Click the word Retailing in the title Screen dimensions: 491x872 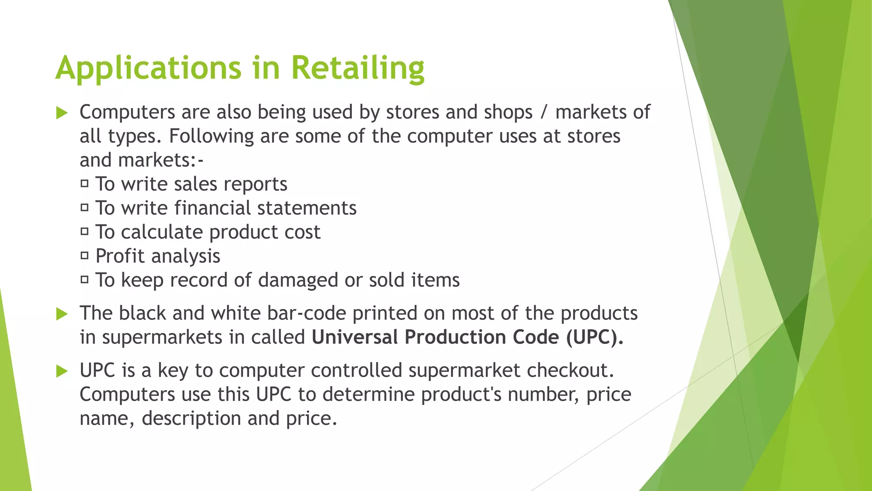click(x=358, y=68)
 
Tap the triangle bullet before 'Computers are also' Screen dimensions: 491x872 click(x=62, y=113)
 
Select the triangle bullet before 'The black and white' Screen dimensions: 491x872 click(x=62, y=315)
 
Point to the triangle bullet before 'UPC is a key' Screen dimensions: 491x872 click(x=62, y=371)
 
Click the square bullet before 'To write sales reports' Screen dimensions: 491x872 click(x=85, y=184)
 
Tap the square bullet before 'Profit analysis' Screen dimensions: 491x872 click(x=85, y=256)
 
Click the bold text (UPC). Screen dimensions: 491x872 click(x=594, y=337)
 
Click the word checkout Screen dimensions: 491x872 click(x=571, y=370)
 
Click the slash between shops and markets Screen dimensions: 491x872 click(x=544, y=113)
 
